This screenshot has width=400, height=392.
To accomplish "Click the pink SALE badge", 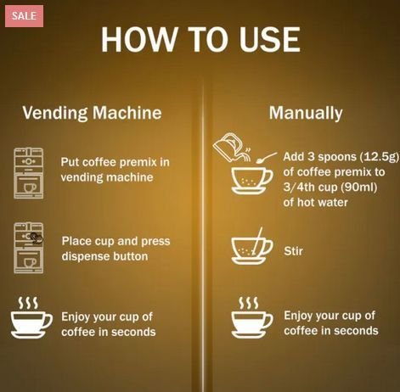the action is (x=24, y=16).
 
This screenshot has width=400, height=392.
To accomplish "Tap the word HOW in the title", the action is (x=138, y=39).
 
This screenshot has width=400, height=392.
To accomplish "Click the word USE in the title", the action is (x=269, y=39).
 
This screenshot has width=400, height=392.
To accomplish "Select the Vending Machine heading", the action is (x=92, y=113).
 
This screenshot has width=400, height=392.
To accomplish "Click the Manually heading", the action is (x=306, y=113).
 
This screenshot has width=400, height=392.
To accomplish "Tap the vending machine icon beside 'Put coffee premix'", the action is (x=29, y=173).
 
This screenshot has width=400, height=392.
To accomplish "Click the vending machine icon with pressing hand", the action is (x=29, y=248).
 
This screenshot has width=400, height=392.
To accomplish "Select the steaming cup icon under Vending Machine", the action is (x=31, y=317).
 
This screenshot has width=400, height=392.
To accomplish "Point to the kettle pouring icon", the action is (x=232, y=147).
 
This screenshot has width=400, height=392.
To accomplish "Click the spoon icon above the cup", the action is (x=266, y=158).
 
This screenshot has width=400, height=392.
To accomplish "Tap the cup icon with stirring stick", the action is (x=252, y=246).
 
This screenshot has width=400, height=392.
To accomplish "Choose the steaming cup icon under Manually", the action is (x=252, y=317).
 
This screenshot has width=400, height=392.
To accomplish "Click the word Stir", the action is (x=293, y=251).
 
